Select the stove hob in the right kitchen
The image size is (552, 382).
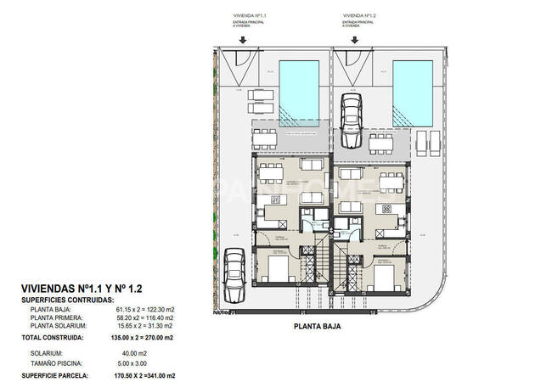click(386, 208)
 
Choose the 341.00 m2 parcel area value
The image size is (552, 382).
click(161, 374)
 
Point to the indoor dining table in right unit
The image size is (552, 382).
click(390, 181)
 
